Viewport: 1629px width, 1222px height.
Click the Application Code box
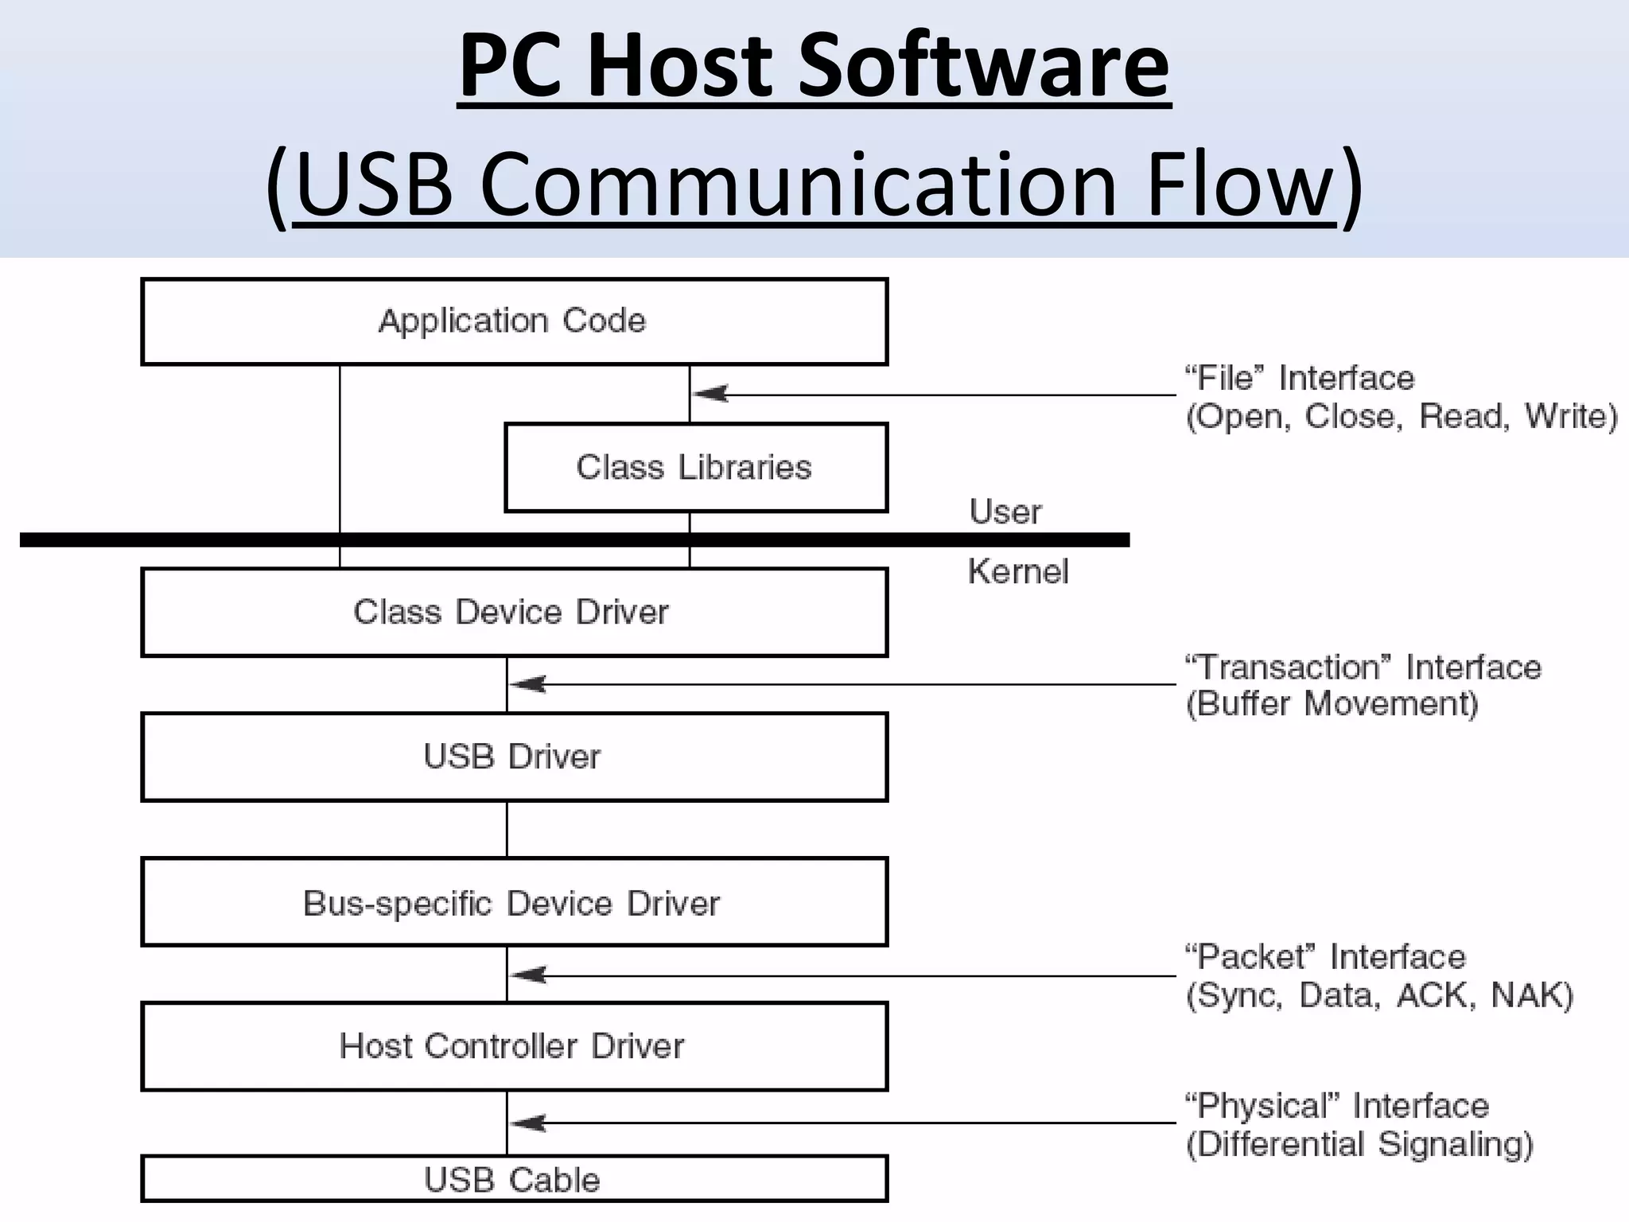[x=514, y=321]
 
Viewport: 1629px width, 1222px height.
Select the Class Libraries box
[x=695, y=467]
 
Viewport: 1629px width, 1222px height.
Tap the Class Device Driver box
[x=514, y=612]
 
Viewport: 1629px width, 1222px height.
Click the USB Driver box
[x=514, y=757]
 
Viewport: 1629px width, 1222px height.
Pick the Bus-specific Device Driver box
[x=514, y=902]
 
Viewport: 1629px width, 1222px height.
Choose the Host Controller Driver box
[x=514, y=1046]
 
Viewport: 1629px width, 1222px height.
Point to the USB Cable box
[x=514, y=1179]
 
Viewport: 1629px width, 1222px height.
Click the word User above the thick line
[x=1005, y=512]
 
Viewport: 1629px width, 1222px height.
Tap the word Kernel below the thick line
[x=1018, y=571]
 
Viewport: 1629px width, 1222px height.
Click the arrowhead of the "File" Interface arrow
[x=710, y=394]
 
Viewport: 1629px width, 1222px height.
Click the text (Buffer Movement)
[x=1332, y=704]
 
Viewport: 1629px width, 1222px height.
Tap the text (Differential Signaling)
[x=1359, y=1144]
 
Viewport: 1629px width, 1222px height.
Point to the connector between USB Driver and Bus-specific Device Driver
[x=507, y=829]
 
